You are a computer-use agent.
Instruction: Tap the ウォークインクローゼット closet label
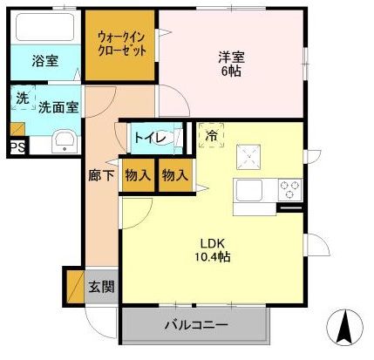[x=121, y=44]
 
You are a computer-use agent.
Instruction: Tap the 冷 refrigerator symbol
[x=212, y=135]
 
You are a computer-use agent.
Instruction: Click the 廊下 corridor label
[x=101, y=174]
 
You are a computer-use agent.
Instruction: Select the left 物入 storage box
[x=138, y=173]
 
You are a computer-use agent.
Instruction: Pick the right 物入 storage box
[x=174, y=173]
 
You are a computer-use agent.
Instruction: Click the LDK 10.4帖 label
[x=213, y=249]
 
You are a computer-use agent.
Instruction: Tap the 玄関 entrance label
[x=101, y=286]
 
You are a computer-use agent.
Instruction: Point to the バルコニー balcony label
[x=195, y=326]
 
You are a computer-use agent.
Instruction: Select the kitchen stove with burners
[x=289, y=187]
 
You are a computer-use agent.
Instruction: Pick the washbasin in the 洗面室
[x=64, y=141]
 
